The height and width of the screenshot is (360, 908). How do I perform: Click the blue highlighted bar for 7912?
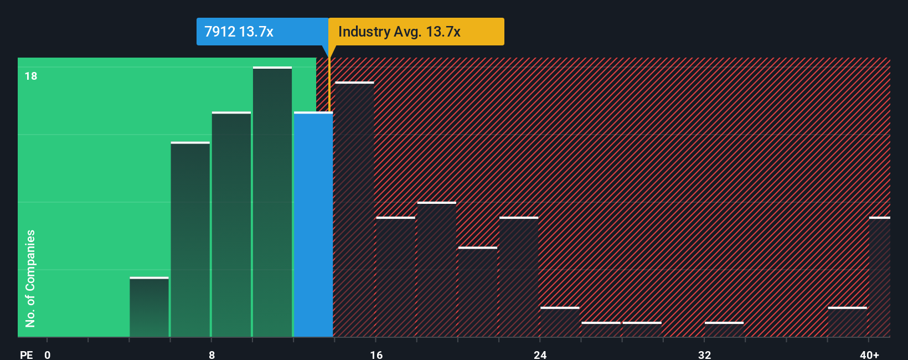click(x=313, y=224)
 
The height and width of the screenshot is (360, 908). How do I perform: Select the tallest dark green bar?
click(x=272, y=202)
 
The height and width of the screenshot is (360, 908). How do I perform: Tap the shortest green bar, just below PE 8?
click(x=149, y=307)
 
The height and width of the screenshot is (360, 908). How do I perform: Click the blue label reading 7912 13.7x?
click(x=239, y=32)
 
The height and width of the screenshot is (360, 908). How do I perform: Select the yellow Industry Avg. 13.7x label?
click(x=400, y=32)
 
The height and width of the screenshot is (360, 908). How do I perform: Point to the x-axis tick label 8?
click(x=211, y=354)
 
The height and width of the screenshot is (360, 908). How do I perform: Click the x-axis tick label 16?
click(x=376, y=354)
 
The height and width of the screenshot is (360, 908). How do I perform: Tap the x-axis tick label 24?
click(x=540, y=354)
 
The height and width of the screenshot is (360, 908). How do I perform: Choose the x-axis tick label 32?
click(x=704, y=354)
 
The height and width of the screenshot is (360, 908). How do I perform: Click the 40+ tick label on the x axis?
click(x=869, y=354)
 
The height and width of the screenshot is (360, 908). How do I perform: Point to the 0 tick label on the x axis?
click(x=48, y=354)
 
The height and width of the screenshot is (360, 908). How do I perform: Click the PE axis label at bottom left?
click(x=27, y=354)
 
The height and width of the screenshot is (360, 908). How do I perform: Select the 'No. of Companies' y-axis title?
click(x=30, y=278)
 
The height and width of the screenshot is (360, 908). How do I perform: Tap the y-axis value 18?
click(x=31, y=76)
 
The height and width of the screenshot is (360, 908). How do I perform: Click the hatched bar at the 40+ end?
click(x=879, y=277)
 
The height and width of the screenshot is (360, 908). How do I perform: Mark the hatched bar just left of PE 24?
click(x=519, y=277)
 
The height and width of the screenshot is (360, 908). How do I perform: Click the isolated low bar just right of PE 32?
click(x=724, y=330)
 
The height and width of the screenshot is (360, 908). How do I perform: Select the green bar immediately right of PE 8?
click(x=231, y=224)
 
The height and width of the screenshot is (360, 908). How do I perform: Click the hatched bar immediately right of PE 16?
click(x=396, y=277)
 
